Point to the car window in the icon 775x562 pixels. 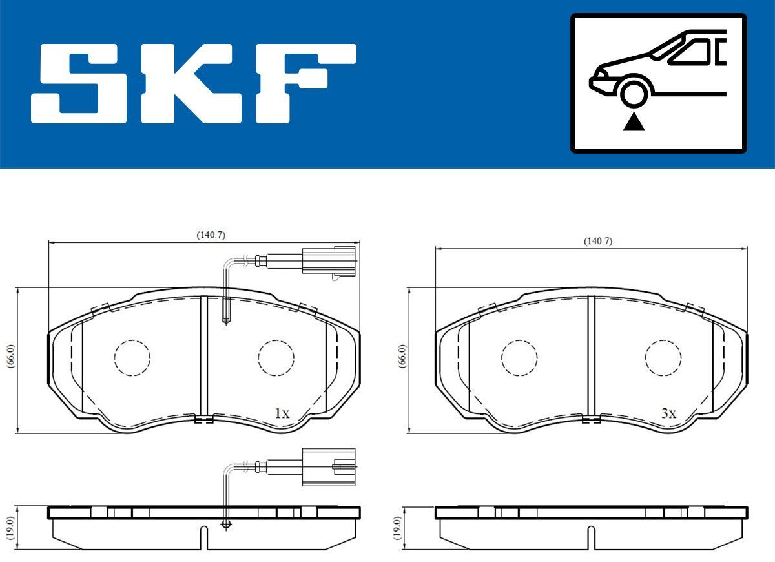coord(694,52)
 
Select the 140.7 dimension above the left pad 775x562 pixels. coord(211,235)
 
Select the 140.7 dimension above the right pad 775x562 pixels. coord(597,241)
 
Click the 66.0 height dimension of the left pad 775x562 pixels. coord(10,356)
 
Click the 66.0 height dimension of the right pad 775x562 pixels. coord(402,356)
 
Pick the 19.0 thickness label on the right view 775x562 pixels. coord(397,527)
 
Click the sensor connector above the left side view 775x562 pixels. coord(327,464)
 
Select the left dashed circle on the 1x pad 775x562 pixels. coord(132,357)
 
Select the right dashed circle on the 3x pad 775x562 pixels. coord(663,357)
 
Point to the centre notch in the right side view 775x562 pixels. coord(590,536)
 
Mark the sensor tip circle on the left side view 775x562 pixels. coord(225,524)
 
